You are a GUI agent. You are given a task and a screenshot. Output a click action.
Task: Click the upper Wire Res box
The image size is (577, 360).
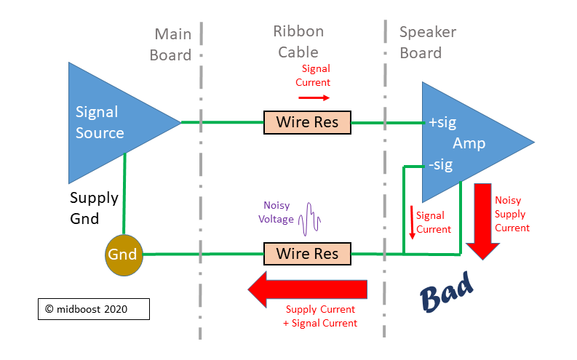(x=307, y=122)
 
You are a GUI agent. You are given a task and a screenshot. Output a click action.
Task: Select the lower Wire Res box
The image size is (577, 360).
(x=307, y=254)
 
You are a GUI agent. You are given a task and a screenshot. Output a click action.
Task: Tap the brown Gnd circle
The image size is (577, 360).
(x=124, y=255)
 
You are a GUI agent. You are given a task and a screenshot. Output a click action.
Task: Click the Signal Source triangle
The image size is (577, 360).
(x=111, y=123)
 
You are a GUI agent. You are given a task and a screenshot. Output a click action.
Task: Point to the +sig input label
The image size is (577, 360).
(x=442, y=122)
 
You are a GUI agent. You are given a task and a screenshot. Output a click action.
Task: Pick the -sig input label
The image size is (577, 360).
(x=441, y=165)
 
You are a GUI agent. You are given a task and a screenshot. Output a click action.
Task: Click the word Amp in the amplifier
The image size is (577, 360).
(x=469, y=143)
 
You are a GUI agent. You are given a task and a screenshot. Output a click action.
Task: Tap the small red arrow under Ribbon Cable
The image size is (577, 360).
(x=314, y=97)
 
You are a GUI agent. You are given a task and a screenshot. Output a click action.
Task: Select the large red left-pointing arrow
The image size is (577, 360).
(x=308, y=289)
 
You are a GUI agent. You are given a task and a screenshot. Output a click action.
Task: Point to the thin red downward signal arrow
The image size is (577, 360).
(x=412, y=223)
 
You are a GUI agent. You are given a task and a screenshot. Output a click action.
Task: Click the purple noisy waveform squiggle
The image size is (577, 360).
(x=309, y=219)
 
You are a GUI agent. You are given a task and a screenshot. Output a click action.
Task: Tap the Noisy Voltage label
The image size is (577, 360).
(x=276, y=212)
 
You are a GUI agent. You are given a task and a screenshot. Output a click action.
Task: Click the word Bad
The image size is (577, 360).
(x=446, y=292)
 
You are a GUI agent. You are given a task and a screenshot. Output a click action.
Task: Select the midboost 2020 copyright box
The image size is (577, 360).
(x=94, y=309)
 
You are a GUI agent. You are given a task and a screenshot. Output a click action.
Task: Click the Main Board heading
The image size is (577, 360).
(x=171, y=44)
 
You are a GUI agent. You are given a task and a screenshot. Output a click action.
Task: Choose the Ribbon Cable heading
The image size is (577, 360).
(x=298, y=42)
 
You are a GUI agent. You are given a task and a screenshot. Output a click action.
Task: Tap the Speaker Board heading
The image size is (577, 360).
(x=428, y=43)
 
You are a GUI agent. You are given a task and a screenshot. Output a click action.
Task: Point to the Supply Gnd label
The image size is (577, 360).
(x=94, y=208)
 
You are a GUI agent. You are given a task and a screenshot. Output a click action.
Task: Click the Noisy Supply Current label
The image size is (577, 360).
(x=512, y=214)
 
